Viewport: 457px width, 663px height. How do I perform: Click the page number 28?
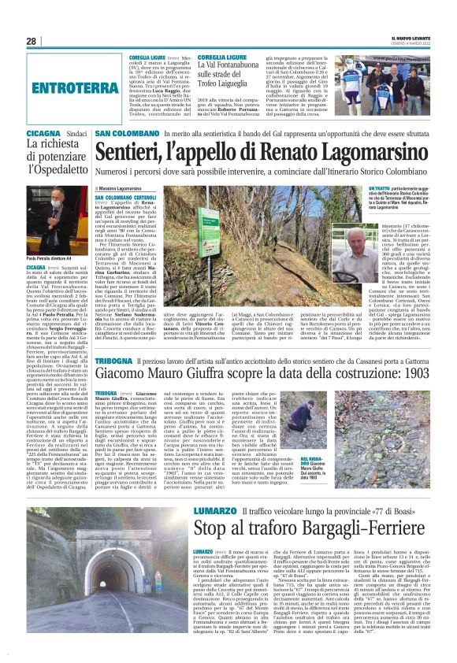pos(31,41)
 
